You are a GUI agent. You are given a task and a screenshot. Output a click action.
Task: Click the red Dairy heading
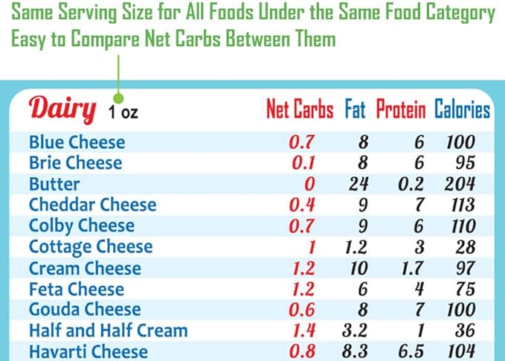(62, 109)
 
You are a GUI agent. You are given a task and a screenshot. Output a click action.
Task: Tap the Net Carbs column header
(300, 111)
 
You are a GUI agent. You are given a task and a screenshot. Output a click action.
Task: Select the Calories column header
(462, 111)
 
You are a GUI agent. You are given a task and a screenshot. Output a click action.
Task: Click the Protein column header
(400, 111)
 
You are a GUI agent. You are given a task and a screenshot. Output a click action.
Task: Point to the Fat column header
(355, 111)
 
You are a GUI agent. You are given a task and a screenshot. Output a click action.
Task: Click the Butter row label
(54, 184)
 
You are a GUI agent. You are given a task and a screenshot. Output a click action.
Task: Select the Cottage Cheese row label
(90, 246)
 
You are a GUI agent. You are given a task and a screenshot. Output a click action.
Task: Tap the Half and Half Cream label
(108, 330)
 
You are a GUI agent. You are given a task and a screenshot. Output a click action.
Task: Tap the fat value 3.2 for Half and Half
(358, 330)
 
